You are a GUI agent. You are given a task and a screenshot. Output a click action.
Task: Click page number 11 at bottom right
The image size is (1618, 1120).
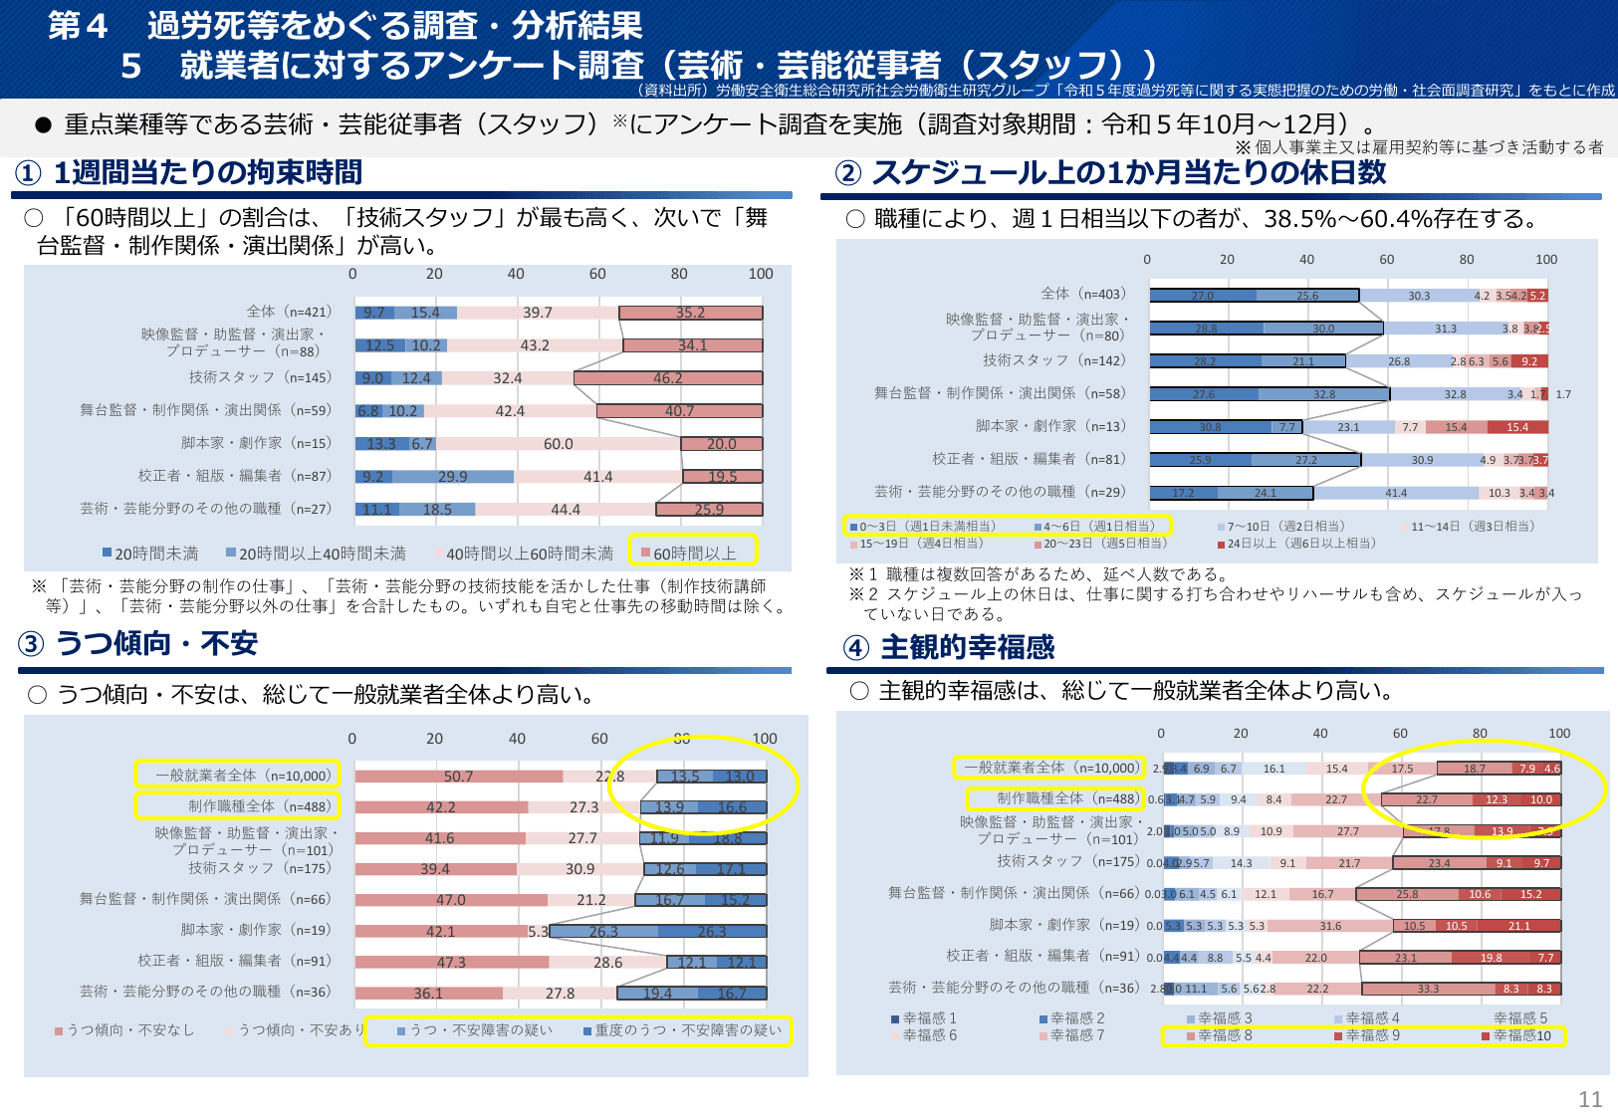pos(1589,1099)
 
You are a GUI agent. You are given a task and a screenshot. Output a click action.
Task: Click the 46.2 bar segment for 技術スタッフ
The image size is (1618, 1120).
pos(667,378)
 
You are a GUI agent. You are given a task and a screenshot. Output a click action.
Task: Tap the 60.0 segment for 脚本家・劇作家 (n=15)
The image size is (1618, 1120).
pos(558,444)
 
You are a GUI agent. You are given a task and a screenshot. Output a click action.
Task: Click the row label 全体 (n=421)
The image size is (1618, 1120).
pos(289,312)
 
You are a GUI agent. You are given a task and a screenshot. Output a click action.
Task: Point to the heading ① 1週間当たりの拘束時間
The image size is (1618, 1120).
pos(190,173)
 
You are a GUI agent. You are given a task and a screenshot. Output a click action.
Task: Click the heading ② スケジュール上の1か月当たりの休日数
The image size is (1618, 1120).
pos(1111,173)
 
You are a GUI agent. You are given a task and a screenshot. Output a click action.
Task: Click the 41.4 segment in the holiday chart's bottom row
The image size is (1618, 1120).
pos(1396,493)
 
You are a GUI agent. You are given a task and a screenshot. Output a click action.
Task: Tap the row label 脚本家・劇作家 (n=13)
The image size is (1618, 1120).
pos(1050,426)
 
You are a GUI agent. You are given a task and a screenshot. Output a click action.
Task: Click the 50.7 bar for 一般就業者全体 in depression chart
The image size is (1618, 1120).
pos(458,777)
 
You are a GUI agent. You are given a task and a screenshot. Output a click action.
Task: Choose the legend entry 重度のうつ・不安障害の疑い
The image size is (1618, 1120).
pos(687,1030)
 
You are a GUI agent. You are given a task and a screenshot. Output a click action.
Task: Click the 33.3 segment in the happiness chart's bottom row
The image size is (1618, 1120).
pos(1428,989)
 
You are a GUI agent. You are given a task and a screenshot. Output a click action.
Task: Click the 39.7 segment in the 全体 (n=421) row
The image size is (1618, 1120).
pos(537,313)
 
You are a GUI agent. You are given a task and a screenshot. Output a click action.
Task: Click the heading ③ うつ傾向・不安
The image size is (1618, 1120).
pos(138,644)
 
